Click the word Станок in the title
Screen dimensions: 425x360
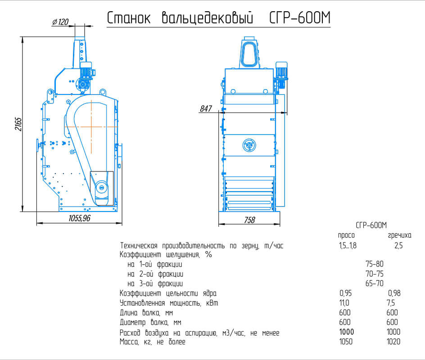coord(128,18)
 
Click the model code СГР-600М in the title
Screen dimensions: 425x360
coord(300,18)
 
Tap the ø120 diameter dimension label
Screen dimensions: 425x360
coord(60,22)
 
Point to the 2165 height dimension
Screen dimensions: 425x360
coord(18,124)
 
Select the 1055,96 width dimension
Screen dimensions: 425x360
coord(79,218)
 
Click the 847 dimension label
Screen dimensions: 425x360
coord(206,108)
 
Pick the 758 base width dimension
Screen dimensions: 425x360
coord(249,220)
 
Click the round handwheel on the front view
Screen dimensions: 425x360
coord(249,145)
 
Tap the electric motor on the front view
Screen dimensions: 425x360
coord(281,75)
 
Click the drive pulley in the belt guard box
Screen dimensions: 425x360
coord(101,186)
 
